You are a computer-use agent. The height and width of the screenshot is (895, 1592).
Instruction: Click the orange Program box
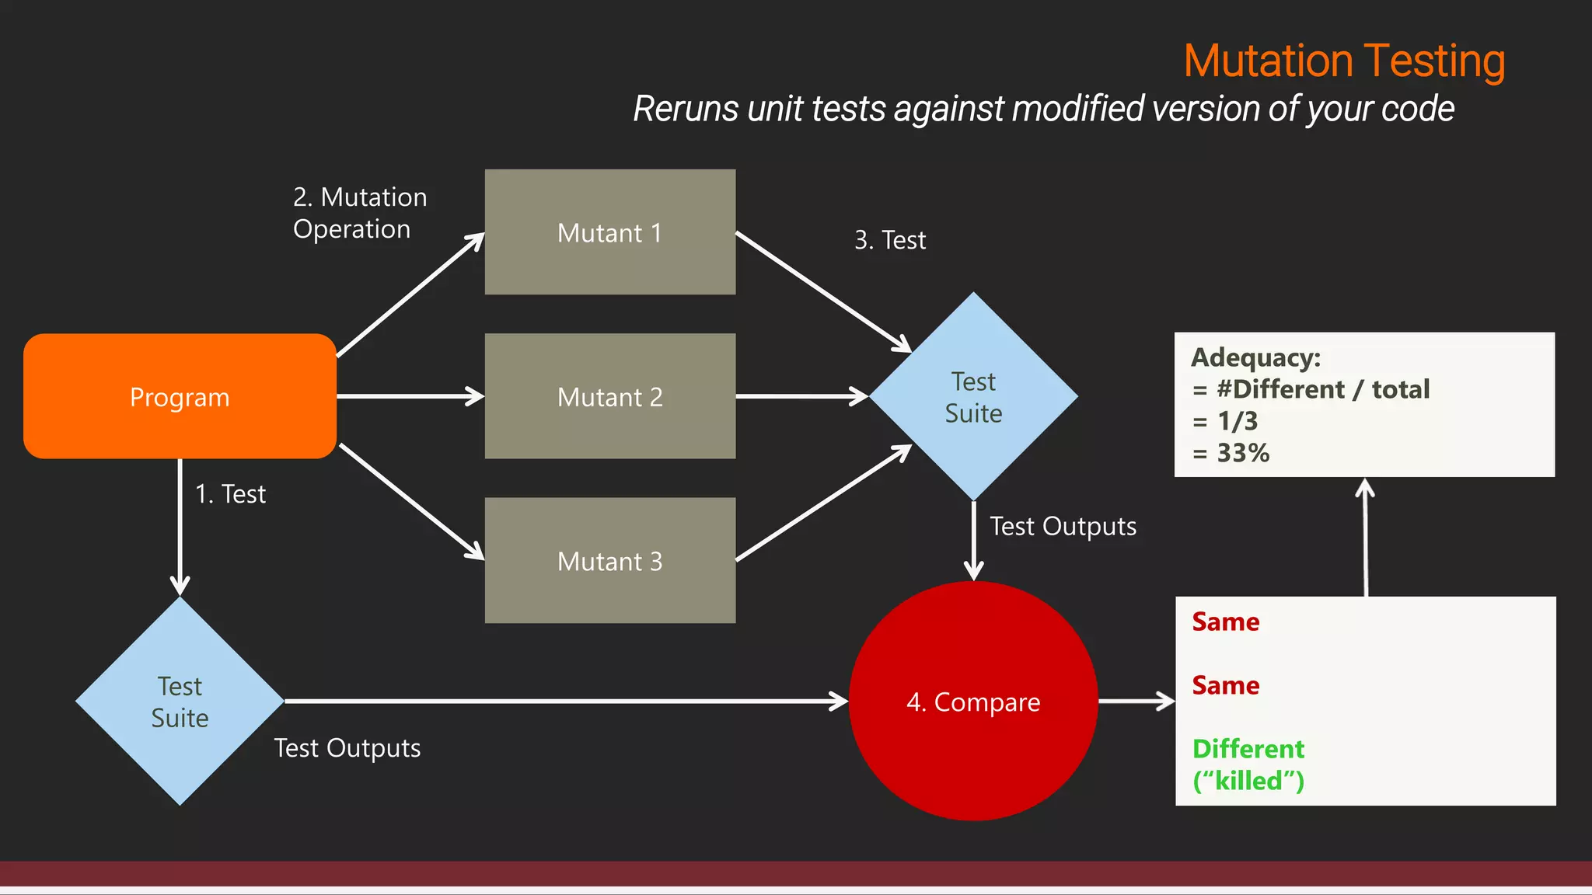click(180, 396)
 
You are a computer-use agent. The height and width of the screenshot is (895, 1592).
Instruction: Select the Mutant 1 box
click(610, 232)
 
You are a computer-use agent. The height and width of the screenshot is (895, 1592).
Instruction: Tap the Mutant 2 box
click(610, 396)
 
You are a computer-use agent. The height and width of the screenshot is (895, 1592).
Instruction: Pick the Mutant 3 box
click(610, 560)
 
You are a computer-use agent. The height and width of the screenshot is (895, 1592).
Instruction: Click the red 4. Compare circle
click(973, 701)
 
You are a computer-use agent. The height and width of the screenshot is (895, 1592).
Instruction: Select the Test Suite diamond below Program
click(180, 701)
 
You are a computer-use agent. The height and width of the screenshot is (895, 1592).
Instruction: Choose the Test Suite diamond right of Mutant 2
click(973, 396)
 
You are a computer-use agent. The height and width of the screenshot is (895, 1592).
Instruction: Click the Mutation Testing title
click(1344, 61)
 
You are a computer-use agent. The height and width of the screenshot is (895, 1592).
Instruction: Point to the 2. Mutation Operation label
click(359, 213)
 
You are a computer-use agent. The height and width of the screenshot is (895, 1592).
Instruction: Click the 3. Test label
click(890, 240)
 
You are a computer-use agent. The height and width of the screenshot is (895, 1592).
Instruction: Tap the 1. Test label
click(230, 494)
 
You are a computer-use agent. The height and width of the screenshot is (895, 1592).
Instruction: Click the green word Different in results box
click(1248, 749)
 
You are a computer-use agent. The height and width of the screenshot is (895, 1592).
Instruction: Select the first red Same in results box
click(1225, 622)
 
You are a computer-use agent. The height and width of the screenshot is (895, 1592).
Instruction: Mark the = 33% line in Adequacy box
click(1231, 453)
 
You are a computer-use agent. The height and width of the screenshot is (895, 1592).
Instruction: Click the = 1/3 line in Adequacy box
click(1225, 421)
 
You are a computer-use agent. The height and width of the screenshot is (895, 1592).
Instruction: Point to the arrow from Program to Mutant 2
click(410, 396)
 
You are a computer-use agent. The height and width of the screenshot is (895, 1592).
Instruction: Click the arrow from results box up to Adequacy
click(1366, 536)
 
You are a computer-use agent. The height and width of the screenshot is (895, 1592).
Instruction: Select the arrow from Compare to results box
click(1136, 701)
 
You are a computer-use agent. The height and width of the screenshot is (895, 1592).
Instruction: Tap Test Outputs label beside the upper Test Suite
click(1063, 527)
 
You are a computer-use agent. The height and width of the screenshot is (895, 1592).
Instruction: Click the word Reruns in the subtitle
click(685, 109)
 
